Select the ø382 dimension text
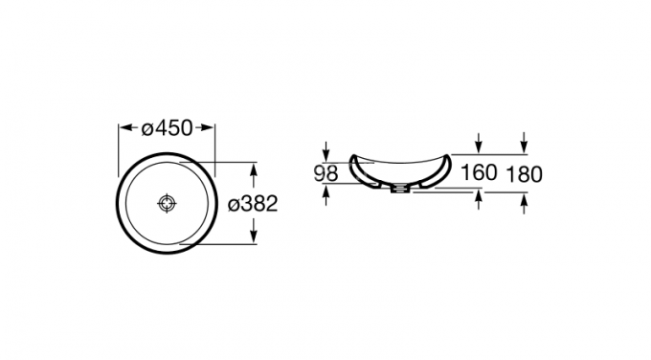click(254, 204)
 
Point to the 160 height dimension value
click(478, 173)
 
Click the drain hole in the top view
click(168, 204)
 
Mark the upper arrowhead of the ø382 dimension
click(254, 169)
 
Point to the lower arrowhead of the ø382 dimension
click(254, 238)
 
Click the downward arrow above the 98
click(328, 152)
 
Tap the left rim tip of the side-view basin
click(350, 156)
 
